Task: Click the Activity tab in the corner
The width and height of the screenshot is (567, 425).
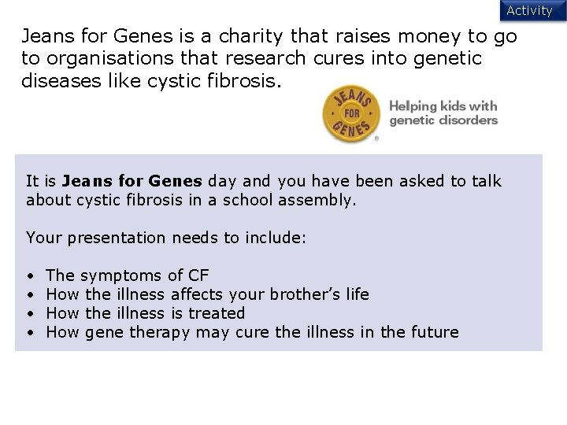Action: pos(529,10)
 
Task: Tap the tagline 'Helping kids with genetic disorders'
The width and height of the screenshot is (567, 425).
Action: pos(443,113)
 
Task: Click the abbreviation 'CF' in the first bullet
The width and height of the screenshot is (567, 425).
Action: pos(198,275)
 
